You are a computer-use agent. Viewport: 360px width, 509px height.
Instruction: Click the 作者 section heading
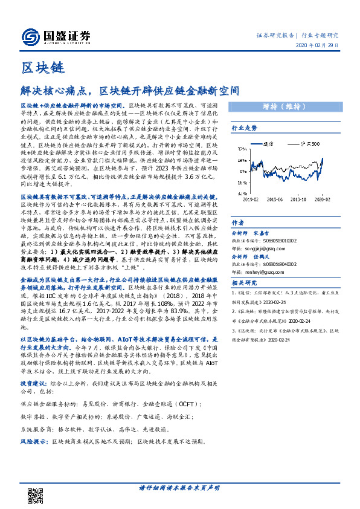238,223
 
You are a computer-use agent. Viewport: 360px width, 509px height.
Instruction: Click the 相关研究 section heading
244,299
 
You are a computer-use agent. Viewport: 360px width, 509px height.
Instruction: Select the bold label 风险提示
33,441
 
